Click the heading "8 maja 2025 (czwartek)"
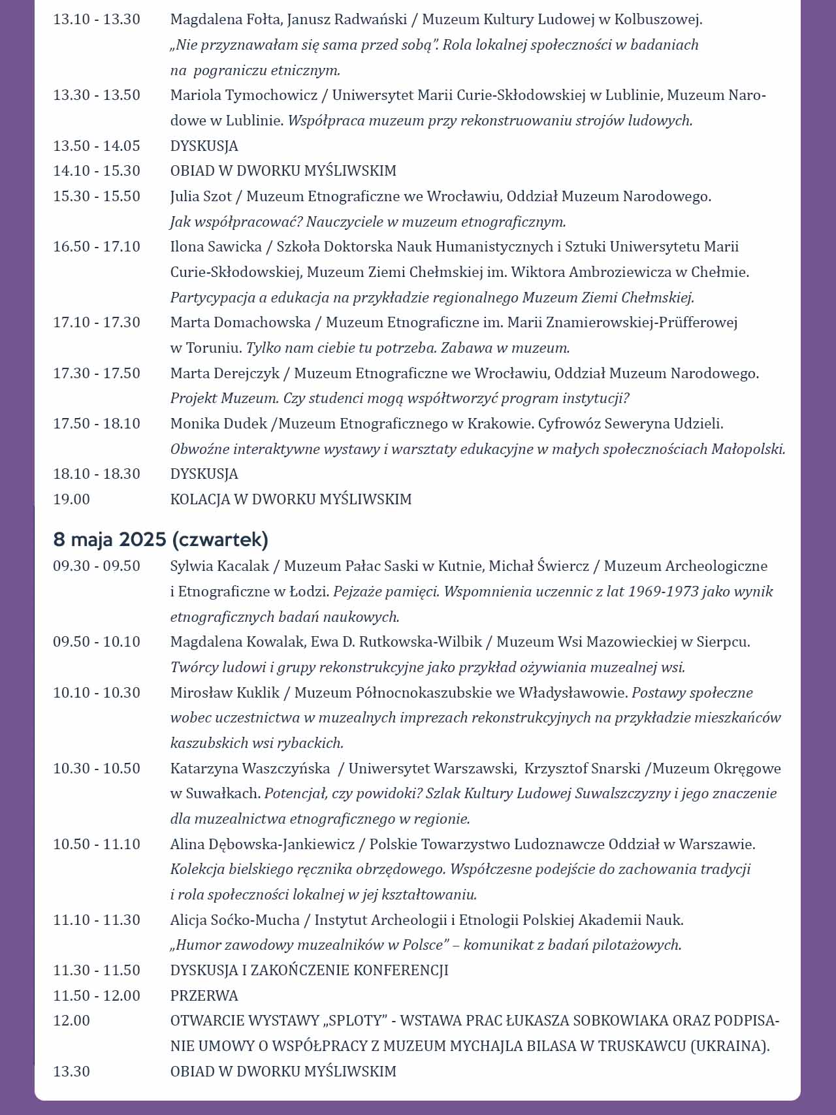161,540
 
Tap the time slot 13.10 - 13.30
97,20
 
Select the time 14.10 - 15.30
97,171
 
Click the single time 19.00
72,500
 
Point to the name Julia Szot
201,197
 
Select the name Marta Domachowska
240,323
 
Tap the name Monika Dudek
219,424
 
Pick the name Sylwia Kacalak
219,566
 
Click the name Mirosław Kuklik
225,693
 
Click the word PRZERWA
204,996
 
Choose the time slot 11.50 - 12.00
97,996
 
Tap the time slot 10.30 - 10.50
97,769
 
